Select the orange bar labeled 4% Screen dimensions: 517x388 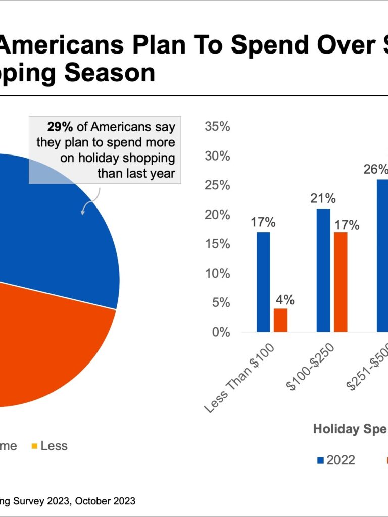click(280, 320)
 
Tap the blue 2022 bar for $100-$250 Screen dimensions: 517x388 click(323, 270)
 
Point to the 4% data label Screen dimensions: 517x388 click(285, 299)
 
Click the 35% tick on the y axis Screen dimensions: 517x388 click(217, 127)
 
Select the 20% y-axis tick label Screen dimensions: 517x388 click(217, 215)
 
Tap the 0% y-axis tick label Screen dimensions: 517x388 click(220, 332)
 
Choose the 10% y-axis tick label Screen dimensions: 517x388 click(217, 274)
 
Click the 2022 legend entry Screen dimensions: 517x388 click(336, 460)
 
